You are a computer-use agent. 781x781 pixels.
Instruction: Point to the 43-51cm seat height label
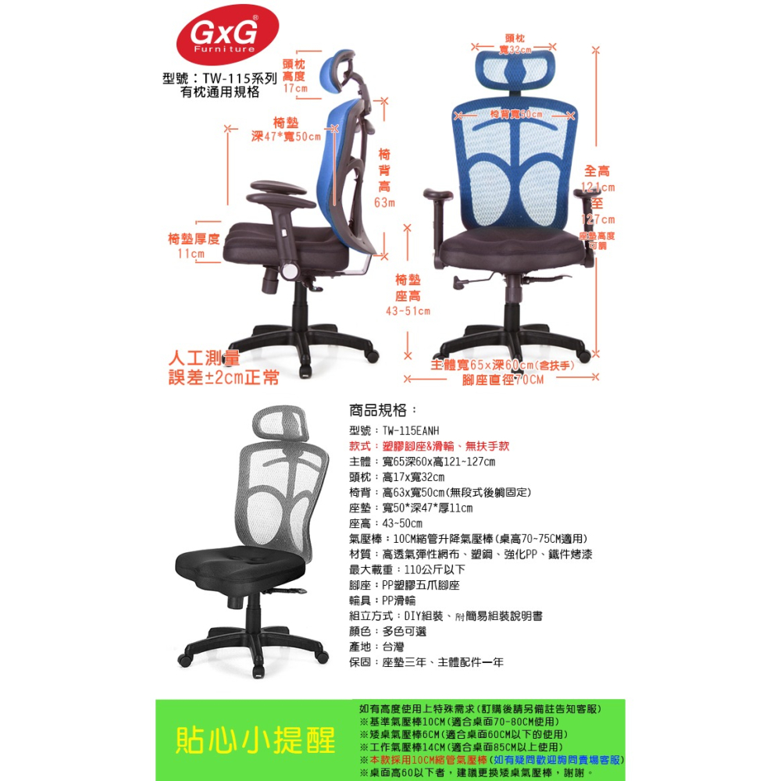(408, 312)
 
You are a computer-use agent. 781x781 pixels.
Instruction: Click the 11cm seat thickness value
(191, 254)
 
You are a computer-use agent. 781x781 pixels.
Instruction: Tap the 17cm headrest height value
(294, 89)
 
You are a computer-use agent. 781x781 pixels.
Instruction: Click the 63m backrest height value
(384, 203)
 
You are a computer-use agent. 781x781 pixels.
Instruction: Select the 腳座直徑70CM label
(502, 380)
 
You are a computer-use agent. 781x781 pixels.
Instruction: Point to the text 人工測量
(205, 359)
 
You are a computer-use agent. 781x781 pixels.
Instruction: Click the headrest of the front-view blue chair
(516, 66)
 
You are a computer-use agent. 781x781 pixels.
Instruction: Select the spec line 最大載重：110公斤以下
(407, 569)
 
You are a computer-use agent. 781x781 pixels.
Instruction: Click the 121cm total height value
(598, 187)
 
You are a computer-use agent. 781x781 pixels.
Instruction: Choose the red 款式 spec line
(429, 446)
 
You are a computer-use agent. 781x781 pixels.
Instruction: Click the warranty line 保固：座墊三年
(426, 662)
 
